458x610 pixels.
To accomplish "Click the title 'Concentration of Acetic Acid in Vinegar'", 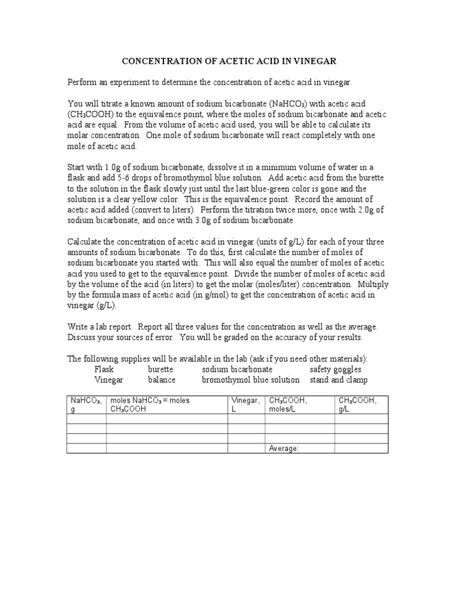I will click(230, 61).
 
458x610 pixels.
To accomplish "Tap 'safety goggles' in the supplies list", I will click(335, 369).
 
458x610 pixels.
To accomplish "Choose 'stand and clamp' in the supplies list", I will click(338, 380).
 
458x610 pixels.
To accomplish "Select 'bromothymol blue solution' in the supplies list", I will click(250, 380).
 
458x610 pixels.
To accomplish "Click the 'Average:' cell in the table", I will click(284, 448).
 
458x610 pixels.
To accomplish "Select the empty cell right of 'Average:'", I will click(361, 448).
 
